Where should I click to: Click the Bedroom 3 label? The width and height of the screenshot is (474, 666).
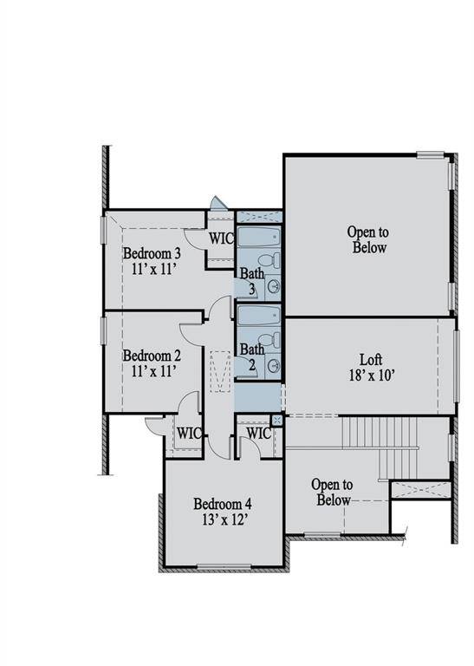click(152, 253)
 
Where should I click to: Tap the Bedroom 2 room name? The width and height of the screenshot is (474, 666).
click(152, 356)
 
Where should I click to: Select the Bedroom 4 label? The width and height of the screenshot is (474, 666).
click(223, 504)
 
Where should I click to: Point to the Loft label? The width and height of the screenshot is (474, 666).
click(371, 359)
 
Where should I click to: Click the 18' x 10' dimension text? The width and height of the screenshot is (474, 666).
click(371, 376)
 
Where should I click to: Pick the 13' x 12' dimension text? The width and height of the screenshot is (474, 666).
click(223, 520)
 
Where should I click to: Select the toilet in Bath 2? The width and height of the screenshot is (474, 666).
click(274, 338)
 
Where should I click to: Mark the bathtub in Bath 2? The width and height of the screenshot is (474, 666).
click(258, 314)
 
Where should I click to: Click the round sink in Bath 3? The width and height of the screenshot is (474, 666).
click(274, 286)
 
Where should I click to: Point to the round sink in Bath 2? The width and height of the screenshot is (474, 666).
click(274, 365)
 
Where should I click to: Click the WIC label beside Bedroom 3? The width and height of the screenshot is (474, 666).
click(221, 238)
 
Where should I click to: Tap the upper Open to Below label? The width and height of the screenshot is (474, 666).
click(368, 239)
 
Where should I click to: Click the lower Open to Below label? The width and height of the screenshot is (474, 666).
click(332, 493)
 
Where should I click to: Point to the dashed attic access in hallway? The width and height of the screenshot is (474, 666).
click(219, 368)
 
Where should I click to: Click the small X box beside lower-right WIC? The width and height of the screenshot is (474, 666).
click(276, 420)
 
